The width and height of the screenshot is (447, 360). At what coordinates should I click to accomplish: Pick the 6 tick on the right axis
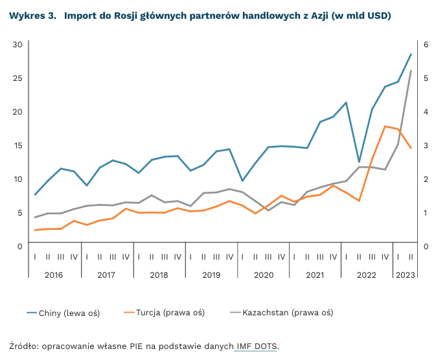pos(426,44)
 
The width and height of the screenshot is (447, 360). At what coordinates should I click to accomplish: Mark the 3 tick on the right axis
pos(426,145)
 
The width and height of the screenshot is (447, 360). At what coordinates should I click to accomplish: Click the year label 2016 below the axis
pos(54,275)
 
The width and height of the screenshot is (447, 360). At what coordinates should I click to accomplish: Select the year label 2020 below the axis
pos(263,275)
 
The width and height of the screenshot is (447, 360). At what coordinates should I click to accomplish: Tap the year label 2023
pos(405,275)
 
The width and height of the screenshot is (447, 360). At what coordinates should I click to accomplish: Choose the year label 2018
pos(159,275)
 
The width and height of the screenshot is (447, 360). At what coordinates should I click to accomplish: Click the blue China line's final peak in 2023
pos(411,54)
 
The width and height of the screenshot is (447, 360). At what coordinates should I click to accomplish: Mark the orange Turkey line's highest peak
pos(385,126)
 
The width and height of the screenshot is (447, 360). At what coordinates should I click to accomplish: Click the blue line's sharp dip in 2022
pos(359,162)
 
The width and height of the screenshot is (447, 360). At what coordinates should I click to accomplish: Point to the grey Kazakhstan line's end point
pos(411,71)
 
